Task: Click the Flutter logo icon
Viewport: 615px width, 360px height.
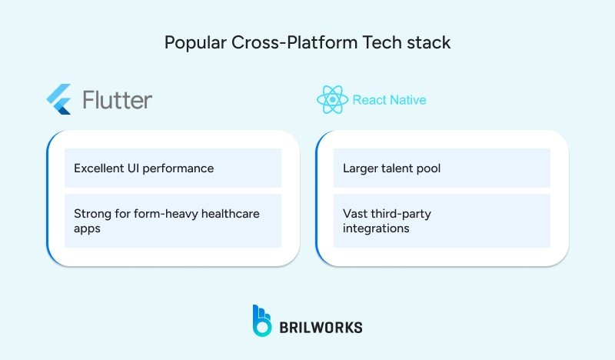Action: (x=59, y=100)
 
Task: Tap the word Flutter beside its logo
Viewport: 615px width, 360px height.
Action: (x=117, y=100)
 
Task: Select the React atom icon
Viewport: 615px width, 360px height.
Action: (x=332, y=100)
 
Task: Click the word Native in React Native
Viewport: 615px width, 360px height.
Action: (x=408, y=100)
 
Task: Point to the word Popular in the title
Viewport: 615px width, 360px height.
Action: (x=193, y=42)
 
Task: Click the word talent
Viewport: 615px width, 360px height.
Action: (x=400, y=168)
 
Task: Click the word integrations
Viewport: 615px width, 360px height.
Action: (x=376, y=229)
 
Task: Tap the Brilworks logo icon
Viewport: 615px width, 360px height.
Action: (x=261, y=321)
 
